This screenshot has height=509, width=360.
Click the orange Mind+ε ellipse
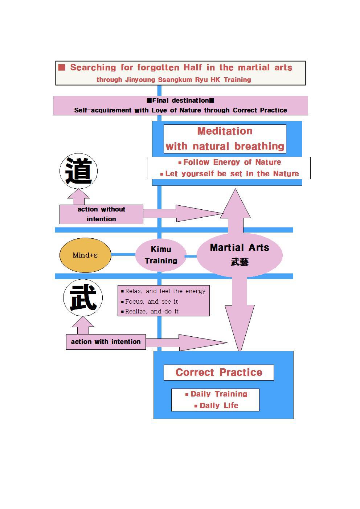[85, 255]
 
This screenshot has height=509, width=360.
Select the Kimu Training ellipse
[161, 255]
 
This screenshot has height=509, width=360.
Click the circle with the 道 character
[78, 171]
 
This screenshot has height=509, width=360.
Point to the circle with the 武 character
[83, 297]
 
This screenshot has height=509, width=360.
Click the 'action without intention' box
[101, 214]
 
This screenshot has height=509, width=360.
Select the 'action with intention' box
[106, 342]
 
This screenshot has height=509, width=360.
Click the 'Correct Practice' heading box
[218, 373]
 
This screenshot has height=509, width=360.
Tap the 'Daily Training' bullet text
[219, 394]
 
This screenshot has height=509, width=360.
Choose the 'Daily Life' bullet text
[219, 406]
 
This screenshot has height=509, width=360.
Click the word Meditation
[225, 131]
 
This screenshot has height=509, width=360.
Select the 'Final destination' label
[180, 100]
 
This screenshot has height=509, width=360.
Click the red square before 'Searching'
[62, 67]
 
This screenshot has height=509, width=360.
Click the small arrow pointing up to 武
[83, 325]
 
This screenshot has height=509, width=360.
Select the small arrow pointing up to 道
[78, 197]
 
